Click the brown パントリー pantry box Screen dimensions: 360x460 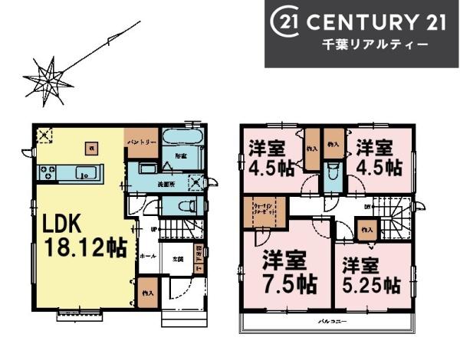pos(142,142)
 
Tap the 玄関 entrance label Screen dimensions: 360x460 pos(177,259)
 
